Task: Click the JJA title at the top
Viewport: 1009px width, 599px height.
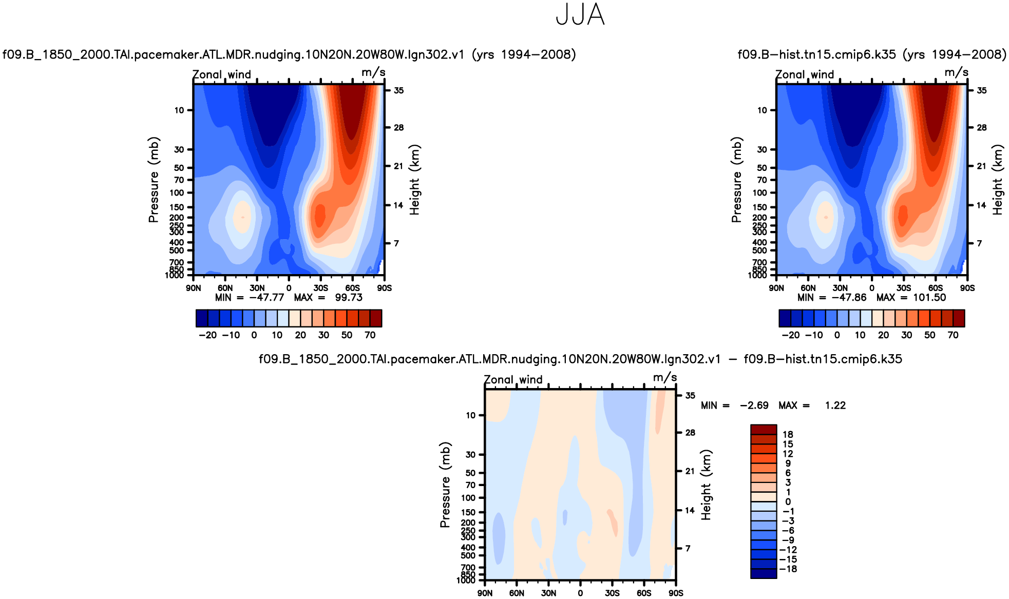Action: click(x=580, y=15)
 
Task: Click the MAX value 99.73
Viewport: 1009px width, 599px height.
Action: click(x=349, y=298)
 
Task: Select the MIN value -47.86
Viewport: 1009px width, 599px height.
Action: click(x=849, y=298)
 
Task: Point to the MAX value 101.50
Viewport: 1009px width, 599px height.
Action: click(x=929, y=298)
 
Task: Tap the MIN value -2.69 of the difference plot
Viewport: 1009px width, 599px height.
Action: click(x=754, y=405)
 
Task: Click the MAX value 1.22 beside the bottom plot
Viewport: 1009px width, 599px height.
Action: click(x=835, y=405)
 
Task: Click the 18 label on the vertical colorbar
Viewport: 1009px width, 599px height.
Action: click(x=788, y=435)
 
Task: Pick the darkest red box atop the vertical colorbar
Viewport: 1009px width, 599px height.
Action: click(x=763, y=430)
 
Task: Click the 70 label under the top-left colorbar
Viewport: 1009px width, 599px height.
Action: click(x=370, y=335)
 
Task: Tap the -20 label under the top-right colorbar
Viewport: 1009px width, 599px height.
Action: click(x=791, y=335)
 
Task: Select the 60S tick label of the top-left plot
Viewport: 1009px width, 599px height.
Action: click(x=352, y=288)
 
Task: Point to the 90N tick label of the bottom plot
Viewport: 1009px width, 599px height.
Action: click(x=485, y=593)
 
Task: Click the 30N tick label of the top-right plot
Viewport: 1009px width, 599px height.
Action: click(x=840, y=288)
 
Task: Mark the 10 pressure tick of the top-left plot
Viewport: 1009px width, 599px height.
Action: click(x=179, y=110)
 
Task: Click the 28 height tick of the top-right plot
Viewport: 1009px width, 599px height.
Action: click(x=981, y=128)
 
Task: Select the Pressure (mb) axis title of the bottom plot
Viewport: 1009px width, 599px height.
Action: click(x=445, y=485)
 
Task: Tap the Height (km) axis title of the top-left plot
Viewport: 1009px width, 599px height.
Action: click(x=414, y=180)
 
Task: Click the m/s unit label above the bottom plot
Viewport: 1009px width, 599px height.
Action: click(x=664, y=378)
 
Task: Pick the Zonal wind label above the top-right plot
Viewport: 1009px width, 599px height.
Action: click(x=805, y=75)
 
